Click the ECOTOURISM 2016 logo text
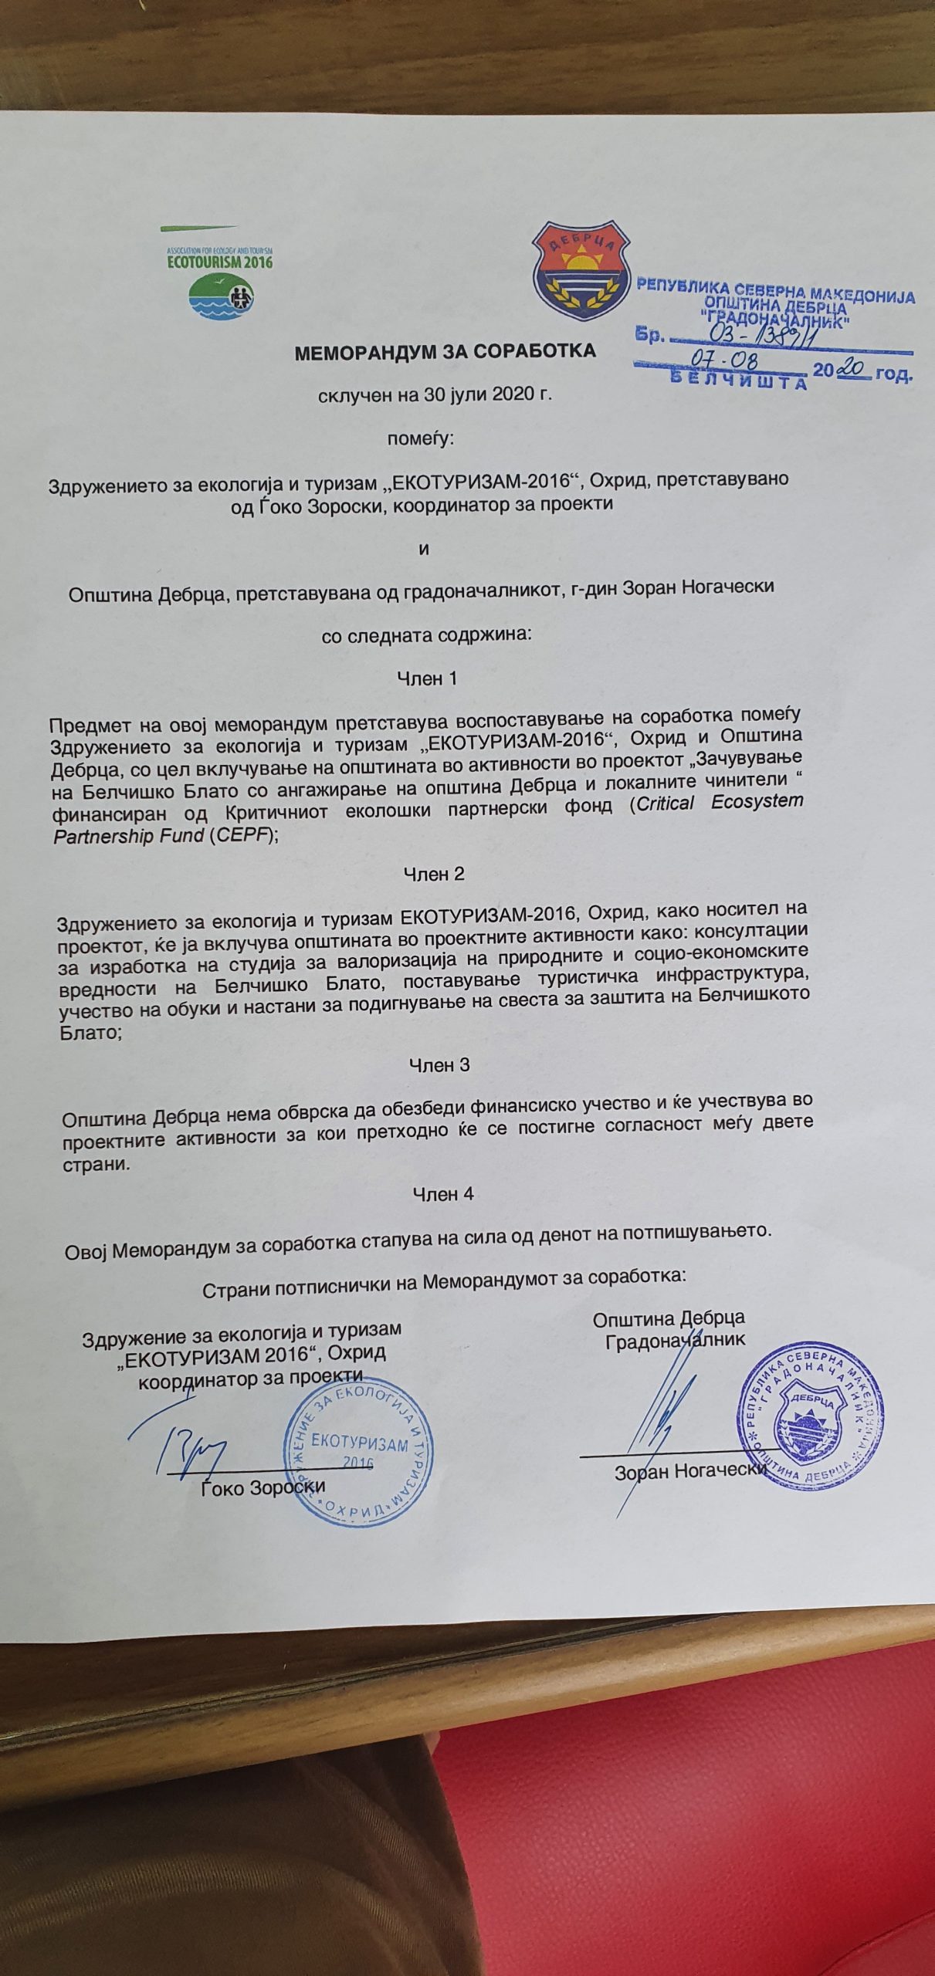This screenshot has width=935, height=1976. pos(220,261)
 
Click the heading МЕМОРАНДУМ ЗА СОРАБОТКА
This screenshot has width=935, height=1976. pos(445,352)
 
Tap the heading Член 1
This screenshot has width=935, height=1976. pos(427,678)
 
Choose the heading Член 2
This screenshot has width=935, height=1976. pos(435,874)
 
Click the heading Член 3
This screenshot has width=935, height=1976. pos(439,1064)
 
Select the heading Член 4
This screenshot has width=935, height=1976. pos(443,1193)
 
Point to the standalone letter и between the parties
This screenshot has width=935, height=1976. pos(422,550)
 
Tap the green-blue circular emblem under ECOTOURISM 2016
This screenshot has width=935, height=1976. pos(224,297)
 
